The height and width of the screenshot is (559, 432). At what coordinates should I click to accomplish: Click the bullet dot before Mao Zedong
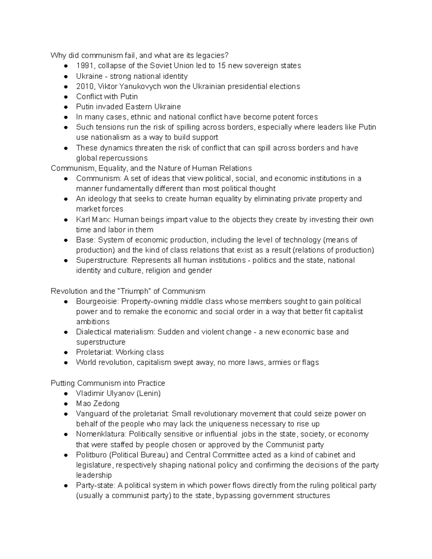pyautogui.click(x=66, y=404)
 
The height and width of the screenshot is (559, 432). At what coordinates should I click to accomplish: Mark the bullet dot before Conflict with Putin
pyautogui.click(x=66, y=97)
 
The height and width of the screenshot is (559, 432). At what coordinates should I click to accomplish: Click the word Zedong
pyautogui.click(x=106, y=404)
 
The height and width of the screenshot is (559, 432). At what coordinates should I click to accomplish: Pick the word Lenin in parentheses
pyautogui.click(x=149, y=393)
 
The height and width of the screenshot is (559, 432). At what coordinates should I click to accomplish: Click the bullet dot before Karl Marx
pyautogui.click(x=66, y=220)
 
